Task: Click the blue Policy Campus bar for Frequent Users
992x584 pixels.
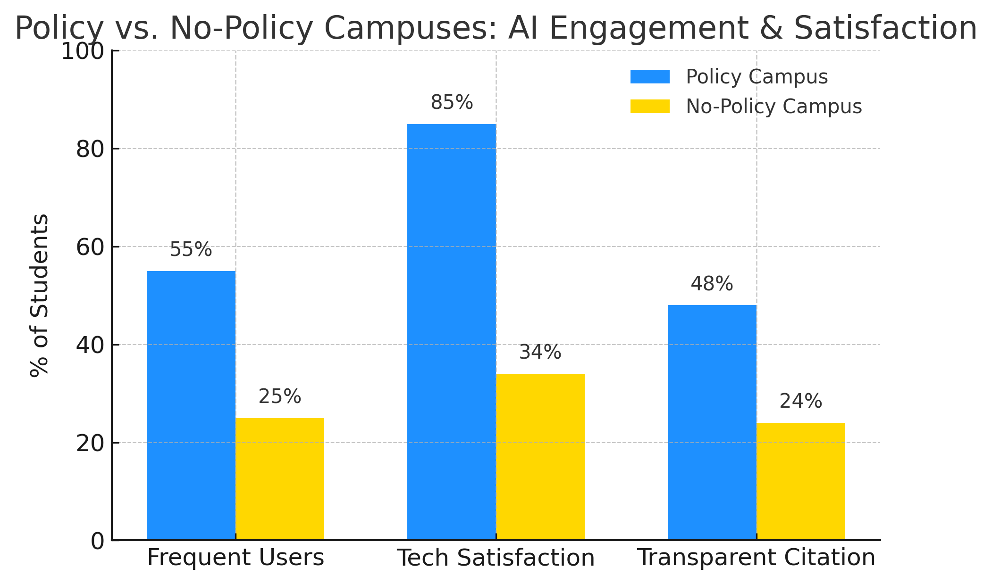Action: click(191, 405)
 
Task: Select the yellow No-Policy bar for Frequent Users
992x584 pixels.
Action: click(280, 479)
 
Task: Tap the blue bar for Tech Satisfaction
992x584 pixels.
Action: click(452, 332)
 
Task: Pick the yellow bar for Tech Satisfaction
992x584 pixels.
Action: click(540, 457)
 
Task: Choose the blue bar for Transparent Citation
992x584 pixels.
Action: click(712, 422)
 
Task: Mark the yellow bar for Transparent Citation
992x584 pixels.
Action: click(801, 481)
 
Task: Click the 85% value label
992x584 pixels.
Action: click(452, 103)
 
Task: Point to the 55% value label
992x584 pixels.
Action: click(191, 250)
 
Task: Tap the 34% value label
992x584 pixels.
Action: click(540, 353)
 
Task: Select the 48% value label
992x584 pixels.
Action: click(712, 284)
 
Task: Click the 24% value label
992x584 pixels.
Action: click(800, 402)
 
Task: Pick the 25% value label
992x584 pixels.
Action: click(279, 397)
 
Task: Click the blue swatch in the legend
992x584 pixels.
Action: click(650, 77)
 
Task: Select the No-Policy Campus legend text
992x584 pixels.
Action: click(773, 107)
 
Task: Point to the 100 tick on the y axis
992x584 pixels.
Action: click(83, 51)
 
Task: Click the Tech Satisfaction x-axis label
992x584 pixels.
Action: click(496, 558)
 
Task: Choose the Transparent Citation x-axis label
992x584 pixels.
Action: click(757, 558)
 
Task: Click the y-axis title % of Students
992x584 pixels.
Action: click(39, 296)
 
